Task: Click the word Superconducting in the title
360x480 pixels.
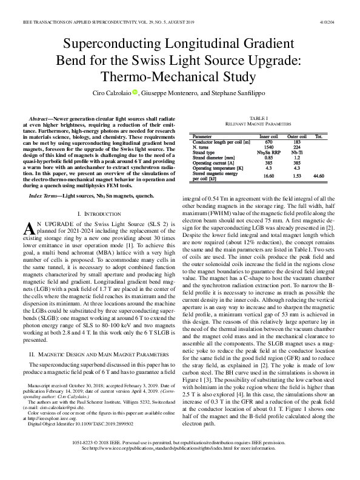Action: pos(106,45)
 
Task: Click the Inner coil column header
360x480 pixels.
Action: pos(268,137)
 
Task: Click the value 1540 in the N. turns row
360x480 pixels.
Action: pos(268,147)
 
